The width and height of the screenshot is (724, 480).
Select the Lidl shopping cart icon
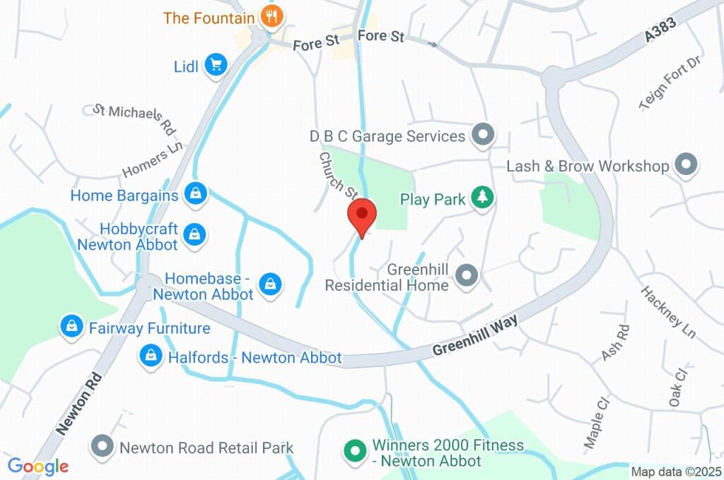coord(215,66)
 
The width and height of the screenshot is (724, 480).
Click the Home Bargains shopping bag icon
coord(194,193)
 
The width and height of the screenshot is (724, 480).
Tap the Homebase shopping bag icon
coord(269,284)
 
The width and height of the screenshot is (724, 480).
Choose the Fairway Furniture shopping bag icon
coord(71,326)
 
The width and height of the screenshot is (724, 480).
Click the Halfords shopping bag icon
coord(151,356)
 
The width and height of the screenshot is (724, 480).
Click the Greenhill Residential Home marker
coord(466,275)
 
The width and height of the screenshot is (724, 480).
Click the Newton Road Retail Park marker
coord(103,446)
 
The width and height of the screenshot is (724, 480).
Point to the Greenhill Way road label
coord(474,335)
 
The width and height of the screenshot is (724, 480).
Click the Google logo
coord(38,467)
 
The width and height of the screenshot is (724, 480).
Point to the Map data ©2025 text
coord(677,472)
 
